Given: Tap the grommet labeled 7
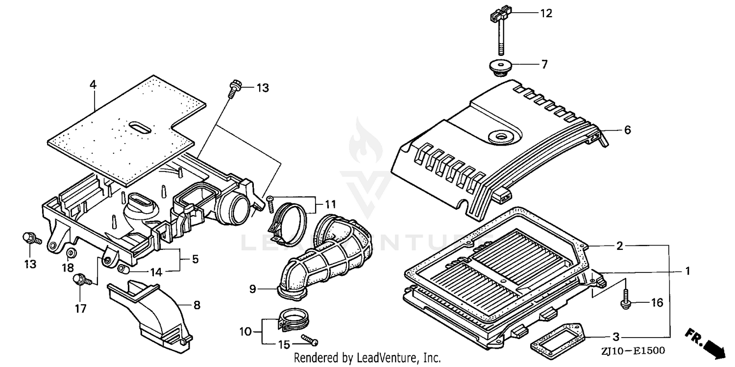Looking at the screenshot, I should point(498,67).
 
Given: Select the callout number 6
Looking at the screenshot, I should point(627,130).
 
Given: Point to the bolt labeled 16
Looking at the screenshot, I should point(626,300).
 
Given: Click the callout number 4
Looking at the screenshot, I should point(93,85).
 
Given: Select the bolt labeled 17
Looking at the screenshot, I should point(80,280).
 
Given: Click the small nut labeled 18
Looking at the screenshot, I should point(71,253).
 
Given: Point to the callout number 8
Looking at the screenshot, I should point(196,305).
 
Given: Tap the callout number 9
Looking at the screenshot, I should point(253,289).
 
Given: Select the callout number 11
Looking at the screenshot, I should point(318,203).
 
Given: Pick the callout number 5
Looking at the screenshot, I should point(195,259).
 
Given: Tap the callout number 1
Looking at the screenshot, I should point(687,270).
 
